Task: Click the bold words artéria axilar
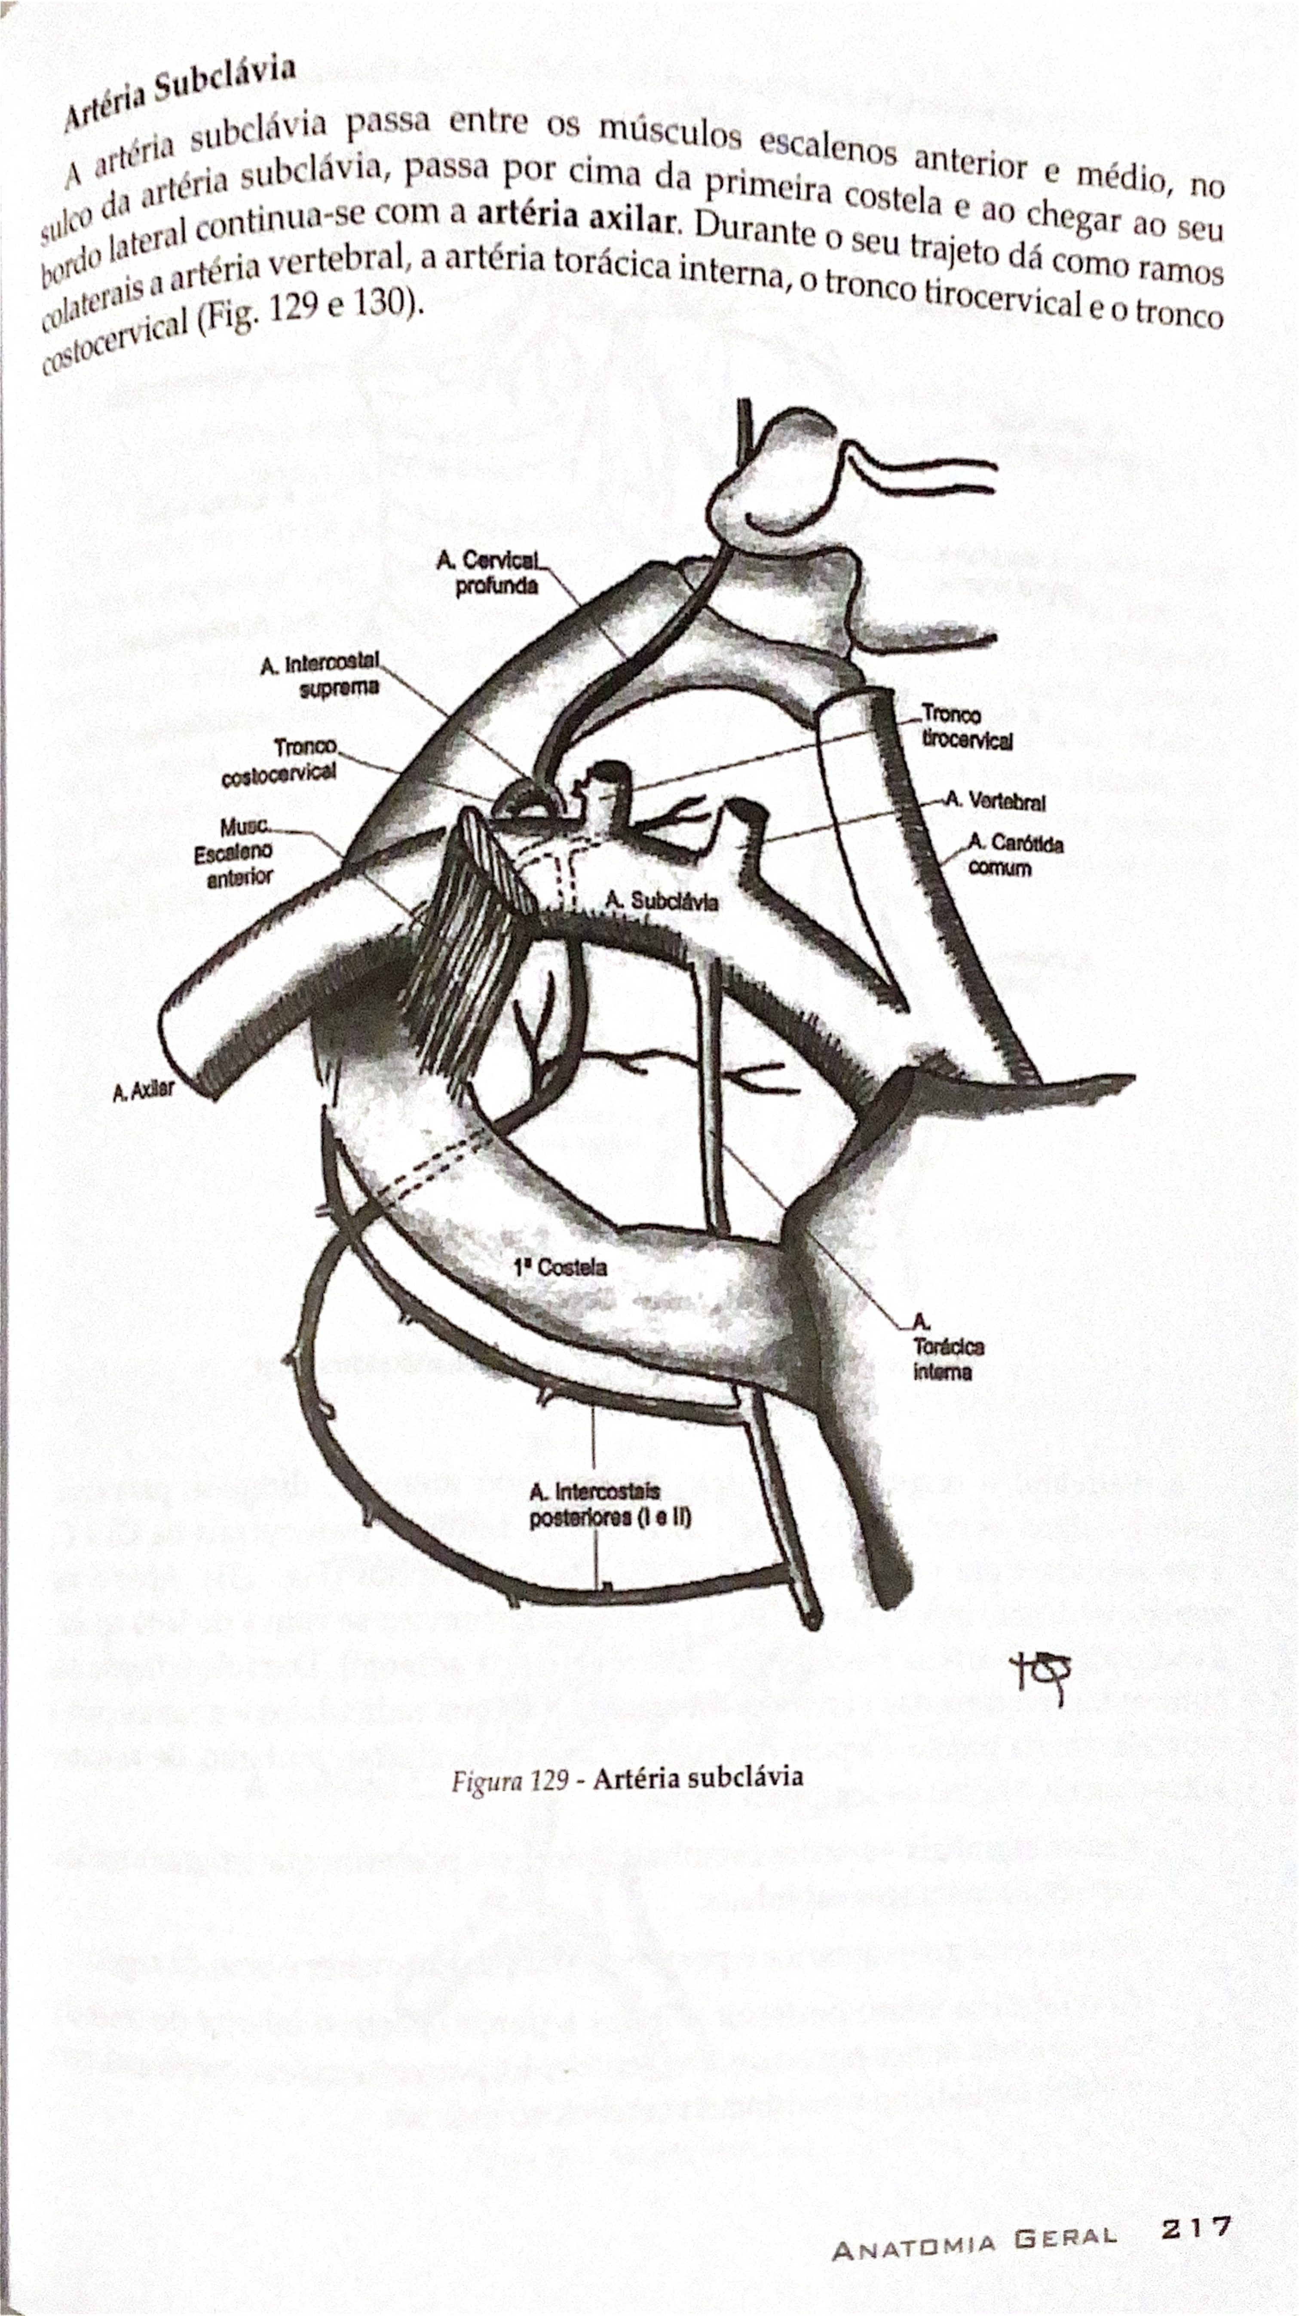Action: point(575,217)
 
